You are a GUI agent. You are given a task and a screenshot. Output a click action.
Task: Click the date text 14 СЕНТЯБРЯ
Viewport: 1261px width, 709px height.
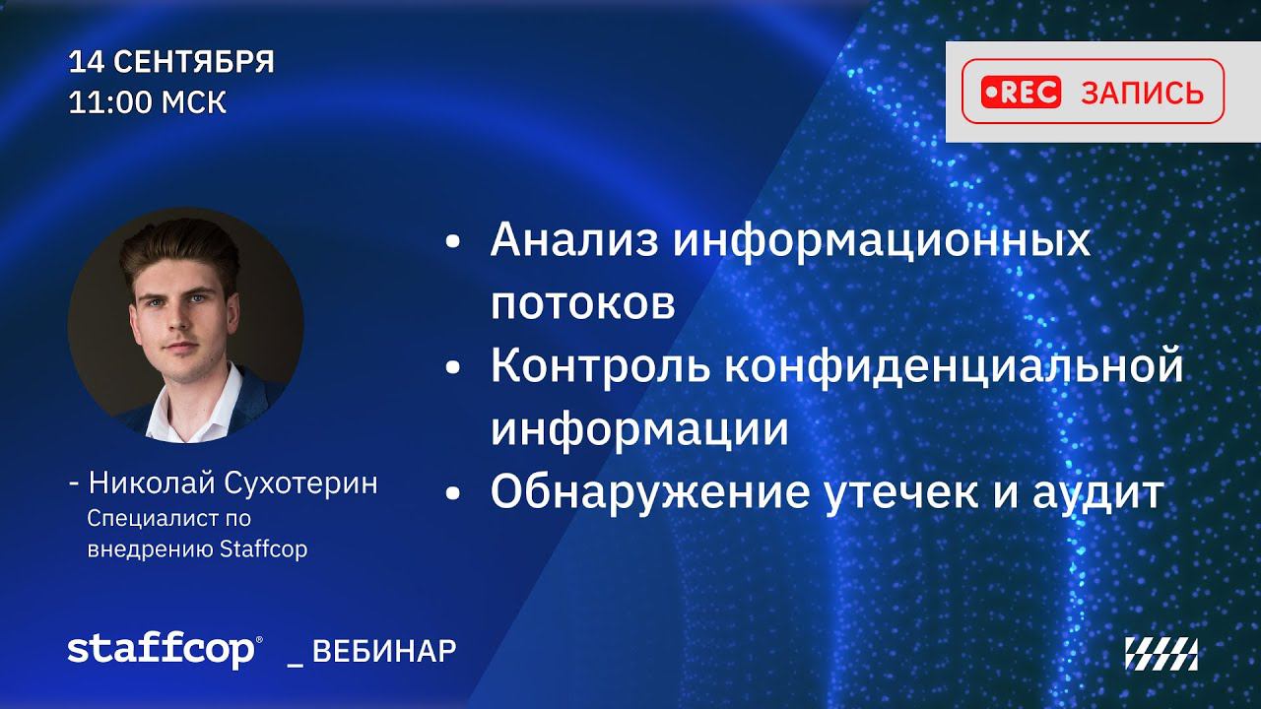[171, 61]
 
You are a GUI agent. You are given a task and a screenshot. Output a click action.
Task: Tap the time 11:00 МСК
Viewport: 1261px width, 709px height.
[148, 102]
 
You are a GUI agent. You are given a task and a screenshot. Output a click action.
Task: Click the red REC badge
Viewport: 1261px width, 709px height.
[1021, 92]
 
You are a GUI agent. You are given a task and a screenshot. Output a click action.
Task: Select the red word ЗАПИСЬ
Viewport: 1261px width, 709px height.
[1142, 93]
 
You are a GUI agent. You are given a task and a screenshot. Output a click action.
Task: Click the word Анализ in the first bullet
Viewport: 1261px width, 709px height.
[574, 240]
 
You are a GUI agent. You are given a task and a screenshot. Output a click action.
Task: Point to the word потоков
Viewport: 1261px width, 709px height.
[582, 304]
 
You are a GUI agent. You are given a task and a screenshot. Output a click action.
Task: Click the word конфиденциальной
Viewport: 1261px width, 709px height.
[954, 368]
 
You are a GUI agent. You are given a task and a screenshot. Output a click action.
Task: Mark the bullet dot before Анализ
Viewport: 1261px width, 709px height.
[453, 242]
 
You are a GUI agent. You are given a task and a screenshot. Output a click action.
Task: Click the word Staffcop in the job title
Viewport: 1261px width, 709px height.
[263, 549]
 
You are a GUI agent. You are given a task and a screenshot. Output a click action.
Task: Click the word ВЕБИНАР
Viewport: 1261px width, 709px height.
[384, 652]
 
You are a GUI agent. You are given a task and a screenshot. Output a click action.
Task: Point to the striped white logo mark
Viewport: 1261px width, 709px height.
[1161, 655]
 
